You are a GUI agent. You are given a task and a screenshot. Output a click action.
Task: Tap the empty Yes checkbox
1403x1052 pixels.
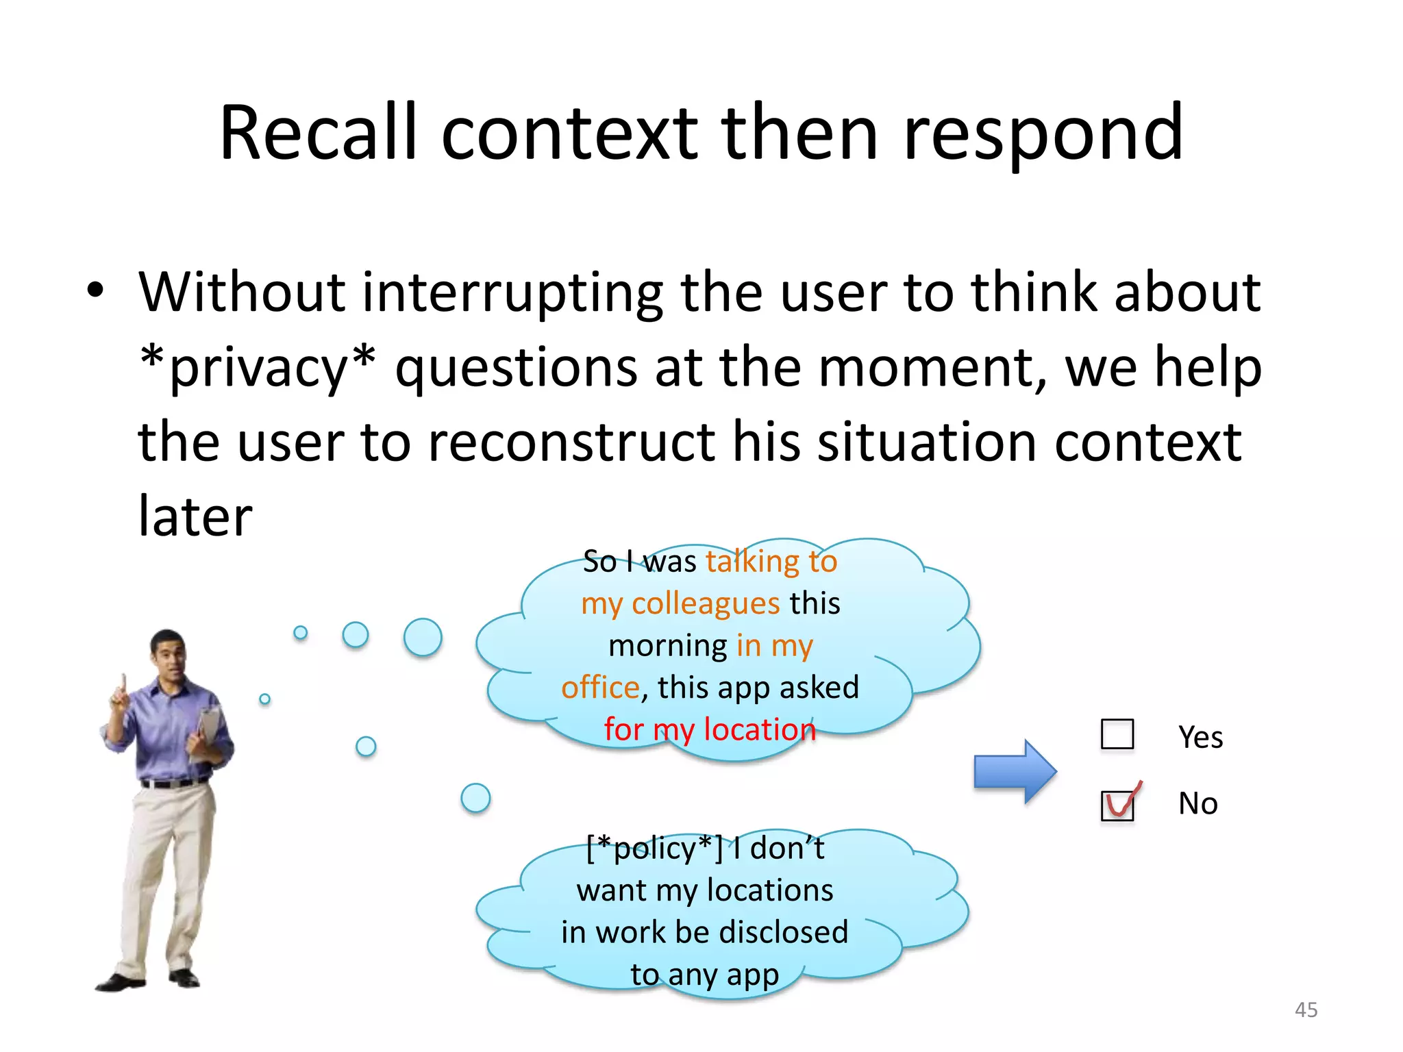[x=1117, y=734]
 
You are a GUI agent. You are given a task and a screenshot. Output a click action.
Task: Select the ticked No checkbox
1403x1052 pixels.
[x=1117, y=805]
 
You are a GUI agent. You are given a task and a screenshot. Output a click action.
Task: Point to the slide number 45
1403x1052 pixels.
[x=1306, y=1010]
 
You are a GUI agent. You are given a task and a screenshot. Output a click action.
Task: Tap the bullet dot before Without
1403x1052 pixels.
[x=95, y=290]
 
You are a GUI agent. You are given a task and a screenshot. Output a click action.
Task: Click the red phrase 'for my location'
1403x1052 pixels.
[x=710, y=729]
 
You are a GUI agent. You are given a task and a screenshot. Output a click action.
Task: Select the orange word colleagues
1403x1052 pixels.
[x=705, y=603]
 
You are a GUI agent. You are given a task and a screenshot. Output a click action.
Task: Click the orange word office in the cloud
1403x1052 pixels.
[x=600, y=687]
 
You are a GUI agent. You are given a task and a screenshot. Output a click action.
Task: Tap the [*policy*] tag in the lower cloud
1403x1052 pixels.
[x=654, y=848]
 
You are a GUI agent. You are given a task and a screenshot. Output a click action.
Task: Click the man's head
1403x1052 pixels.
[x=169, y=651]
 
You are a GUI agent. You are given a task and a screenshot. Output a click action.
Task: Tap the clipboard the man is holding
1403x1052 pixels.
[x=209, y=730]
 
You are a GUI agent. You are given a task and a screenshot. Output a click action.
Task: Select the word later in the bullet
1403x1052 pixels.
[x=195, y=516]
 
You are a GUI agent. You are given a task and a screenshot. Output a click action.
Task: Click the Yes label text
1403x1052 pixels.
[x=1200, y=737]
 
